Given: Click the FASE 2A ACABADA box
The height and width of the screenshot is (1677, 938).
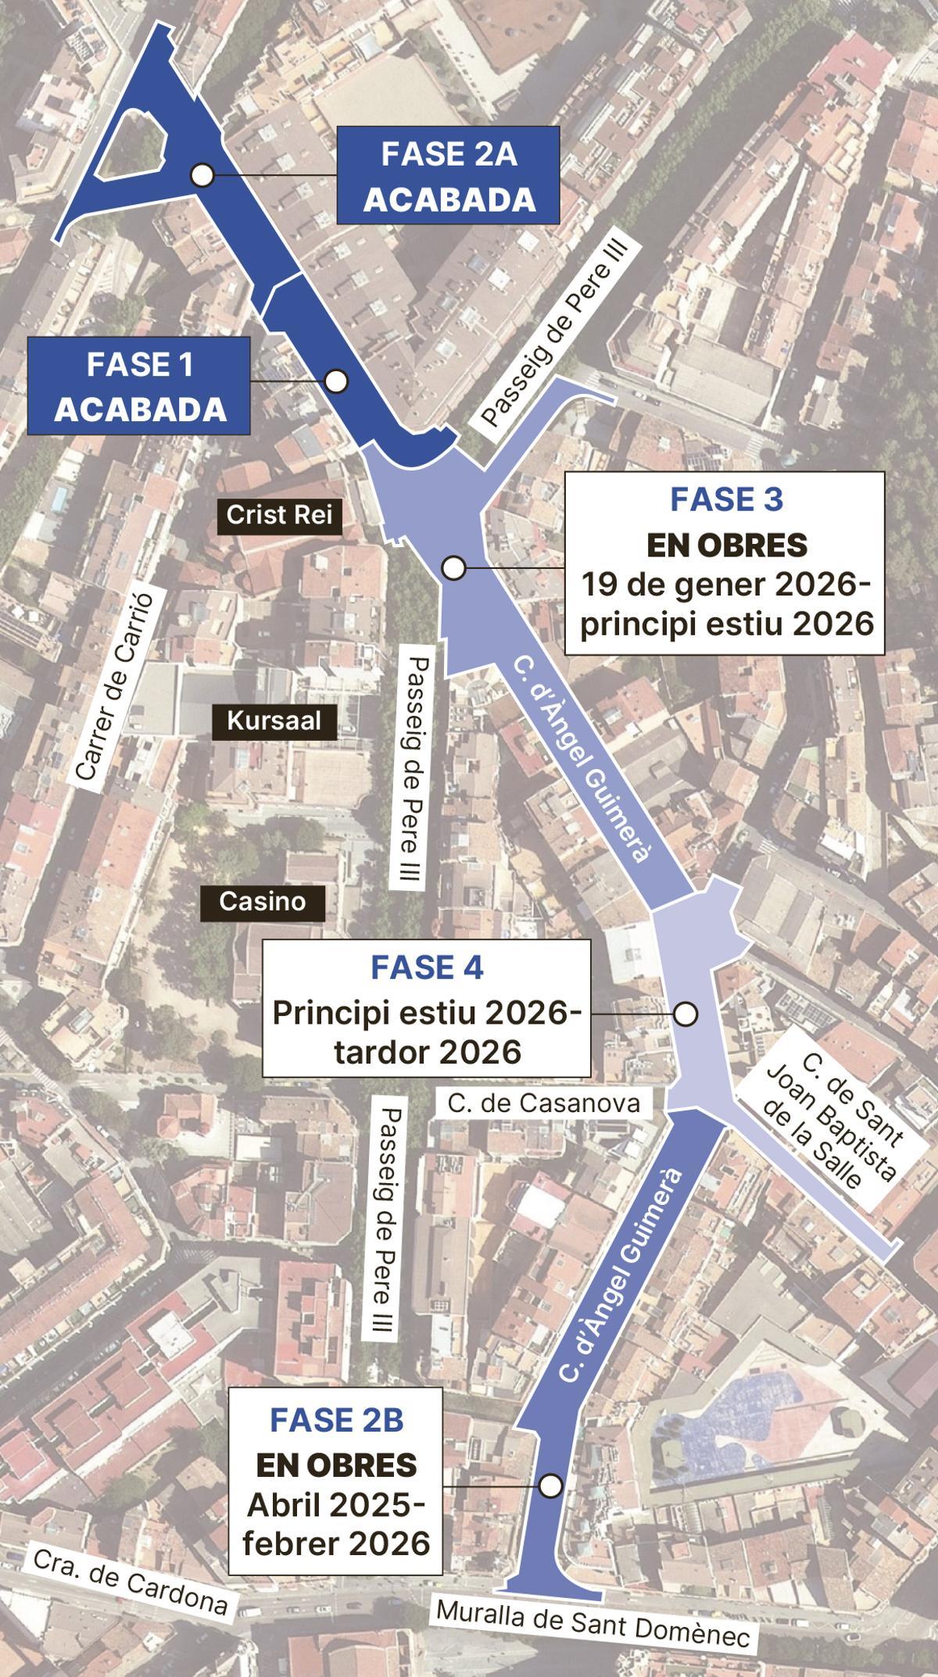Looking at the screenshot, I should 449,176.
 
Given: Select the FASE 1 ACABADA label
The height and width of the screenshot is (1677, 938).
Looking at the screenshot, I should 139,386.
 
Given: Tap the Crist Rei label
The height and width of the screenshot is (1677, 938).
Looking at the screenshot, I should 279,516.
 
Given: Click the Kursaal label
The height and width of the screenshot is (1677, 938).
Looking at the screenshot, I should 274,721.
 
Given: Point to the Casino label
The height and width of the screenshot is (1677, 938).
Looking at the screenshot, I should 262,901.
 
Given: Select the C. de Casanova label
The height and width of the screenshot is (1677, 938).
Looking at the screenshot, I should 543,1103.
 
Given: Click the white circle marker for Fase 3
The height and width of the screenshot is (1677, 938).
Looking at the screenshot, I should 453,568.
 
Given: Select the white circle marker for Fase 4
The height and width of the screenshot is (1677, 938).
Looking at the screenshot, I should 686,1014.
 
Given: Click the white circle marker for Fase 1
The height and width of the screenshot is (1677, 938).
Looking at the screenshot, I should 336,381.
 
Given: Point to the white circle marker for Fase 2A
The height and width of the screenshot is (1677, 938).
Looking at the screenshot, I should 203,175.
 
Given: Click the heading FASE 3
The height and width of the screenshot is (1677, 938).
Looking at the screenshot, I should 726,500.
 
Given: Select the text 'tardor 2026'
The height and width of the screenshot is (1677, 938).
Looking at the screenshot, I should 427,1052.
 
